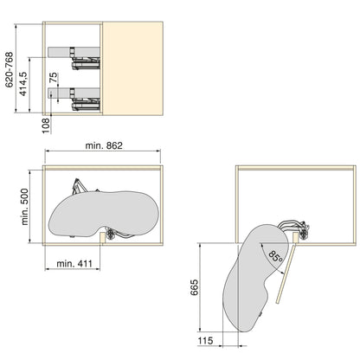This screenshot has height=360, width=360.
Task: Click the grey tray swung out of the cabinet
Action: pos(251,277)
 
